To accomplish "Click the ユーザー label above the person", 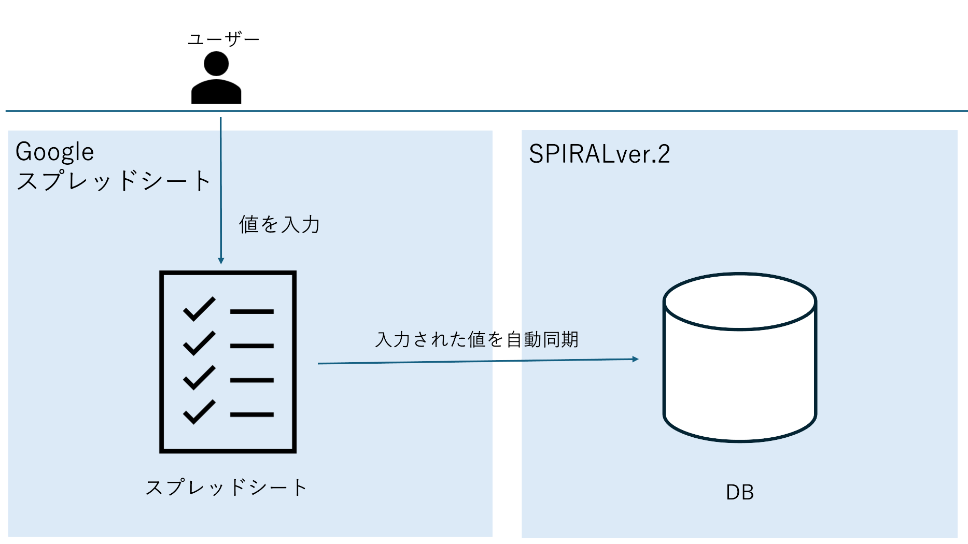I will (x=223, y=39).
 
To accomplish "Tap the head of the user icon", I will (x=216, y=64).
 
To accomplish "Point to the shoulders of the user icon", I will (x=216, y=92).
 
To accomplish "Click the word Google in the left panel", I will (x=55, y=152).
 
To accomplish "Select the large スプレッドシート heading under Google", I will (x=113, y=181).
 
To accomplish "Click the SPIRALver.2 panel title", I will (x=599, y=154).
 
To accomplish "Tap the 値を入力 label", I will (x=279, y=224).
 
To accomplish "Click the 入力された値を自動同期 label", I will (x=477, y=339).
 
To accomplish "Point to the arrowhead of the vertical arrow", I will (x=221, y=261).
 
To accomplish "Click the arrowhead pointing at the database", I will (x=635, y=359).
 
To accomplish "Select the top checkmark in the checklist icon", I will (x=199, y=309).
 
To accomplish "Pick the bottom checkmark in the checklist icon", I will (x=199, y=412).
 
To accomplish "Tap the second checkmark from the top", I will (x=199, y=343).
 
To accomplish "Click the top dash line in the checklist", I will (x=252, y=311).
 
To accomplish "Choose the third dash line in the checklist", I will (x=252, y=380).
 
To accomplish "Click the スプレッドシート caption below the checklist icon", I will (x=226, y=488).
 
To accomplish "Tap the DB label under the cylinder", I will (x=740, y=492).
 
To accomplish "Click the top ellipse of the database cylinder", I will (x=740, y=302).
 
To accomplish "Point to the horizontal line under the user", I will (x=486, y=111).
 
